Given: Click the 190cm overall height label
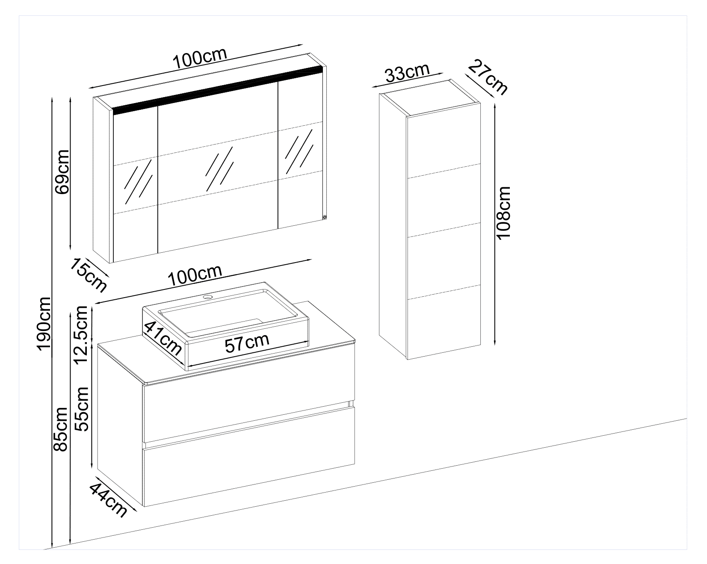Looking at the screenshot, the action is [44, 324].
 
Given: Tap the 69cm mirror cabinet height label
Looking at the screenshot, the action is [62, 171].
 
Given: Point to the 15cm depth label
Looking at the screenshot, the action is [89, 275].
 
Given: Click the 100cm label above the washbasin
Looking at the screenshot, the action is [195, 276].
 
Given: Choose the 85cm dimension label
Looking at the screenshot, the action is [60, 429].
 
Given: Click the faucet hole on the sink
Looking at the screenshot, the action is [208, 296].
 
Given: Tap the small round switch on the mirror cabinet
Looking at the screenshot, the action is [324, 217].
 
